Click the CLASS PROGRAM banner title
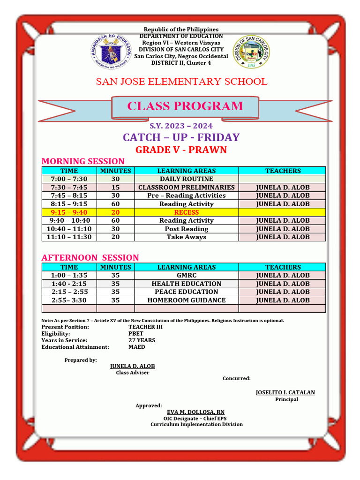click(x=185, y=106)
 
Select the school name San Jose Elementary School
click(x=181, y=82)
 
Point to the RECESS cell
click(x=187, y=212)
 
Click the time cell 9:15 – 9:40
click(x=69, y=212)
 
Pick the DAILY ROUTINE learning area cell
click(x=187, y=179)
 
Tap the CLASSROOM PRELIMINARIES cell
click(x=187, y=187)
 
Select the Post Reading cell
click(x=187, y=229)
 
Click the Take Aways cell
click(x=187, y=237)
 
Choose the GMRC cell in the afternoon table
click(x=187, y=276)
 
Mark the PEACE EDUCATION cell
click(x=187, y=292)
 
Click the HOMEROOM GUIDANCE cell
click(x=187, y=300)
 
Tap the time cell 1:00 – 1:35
click(x=69, y=276)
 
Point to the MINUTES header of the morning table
click(x=116, y=171)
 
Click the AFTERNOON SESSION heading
click(x=90, y=258)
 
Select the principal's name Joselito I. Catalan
click(x=285, y=392)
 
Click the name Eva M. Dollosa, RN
click(x=196, y=412)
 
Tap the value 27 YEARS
click(x=142, y=340)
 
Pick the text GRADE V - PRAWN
click(x=181, y=150)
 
